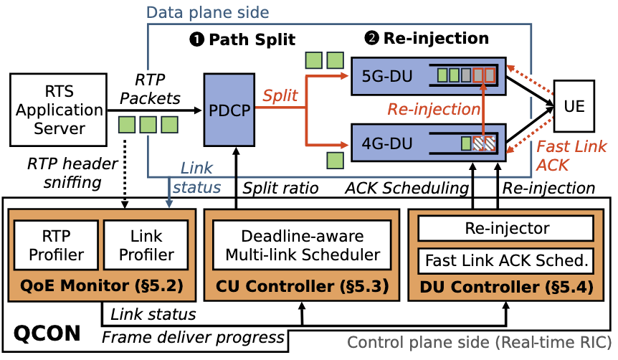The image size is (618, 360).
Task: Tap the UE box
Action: [574, 107]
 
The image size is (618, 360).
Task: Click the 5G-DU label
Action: [388, 75]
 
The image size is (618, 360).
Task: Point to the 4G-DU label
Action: [388, 141]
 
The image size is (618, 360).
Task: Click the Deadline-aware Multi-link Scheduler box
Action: [302, 245]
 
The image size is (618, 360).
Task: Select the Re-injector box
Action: [506, 229]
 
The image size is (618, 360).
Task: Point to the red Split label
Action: [280, 95]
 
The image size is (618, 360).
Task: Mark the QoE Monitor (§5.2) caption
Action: [101, 287]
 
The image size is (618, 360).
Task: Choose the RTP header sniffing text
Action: [62, 172]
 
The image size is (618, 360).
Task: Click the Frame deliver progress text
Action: [194, 337]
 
